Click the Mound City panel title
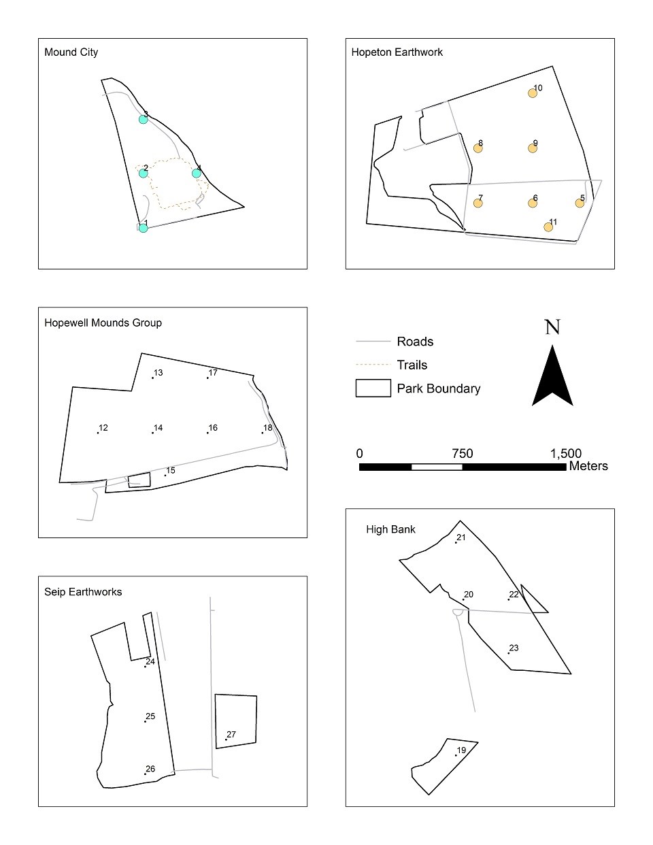71,52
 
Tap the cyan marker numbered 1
143,228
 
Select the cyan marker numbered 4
197,173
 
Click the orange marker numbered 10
533,93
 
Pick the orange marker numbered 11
548,227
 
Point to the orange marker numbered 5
580,203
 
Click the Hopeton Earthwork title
397,52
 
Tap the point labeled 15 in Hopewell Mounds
165,475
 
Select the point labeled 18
263,433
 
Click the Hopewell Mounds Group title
103,322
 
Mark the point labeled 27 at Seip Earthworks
227,740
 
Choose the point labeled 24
146,666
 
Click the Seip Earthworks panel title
83,592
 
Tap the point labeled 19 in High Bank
456,755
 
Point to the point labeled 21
456,542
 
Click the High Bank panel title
390,529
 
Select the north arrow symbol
552,375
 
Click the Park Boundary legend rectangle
373,388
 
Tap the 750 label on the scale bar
462,454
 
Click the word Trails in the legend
412,365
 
